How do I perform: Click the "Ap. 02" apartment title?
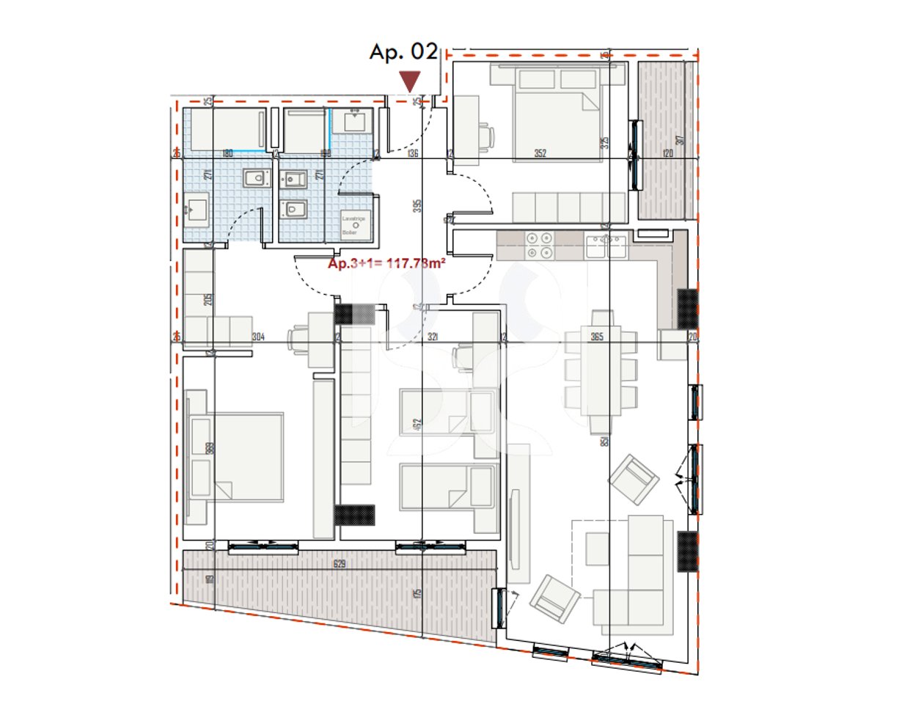(x=403, y=52)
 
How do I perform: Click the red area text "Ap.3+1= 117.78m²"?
(x=386, y=264)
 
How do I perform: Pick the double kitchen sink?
(x=606, y=246)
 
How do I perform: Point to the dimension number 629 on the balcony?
(x=340, y=564)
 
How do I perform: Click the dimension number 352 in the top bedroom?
(x=540, y=153)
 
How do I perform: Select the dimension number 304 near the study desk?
(x=258, y=337)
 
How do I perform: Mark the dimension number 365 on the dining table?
(x=597, y=337)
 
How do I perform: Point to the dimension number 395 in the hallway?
(x=417, y=206)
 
